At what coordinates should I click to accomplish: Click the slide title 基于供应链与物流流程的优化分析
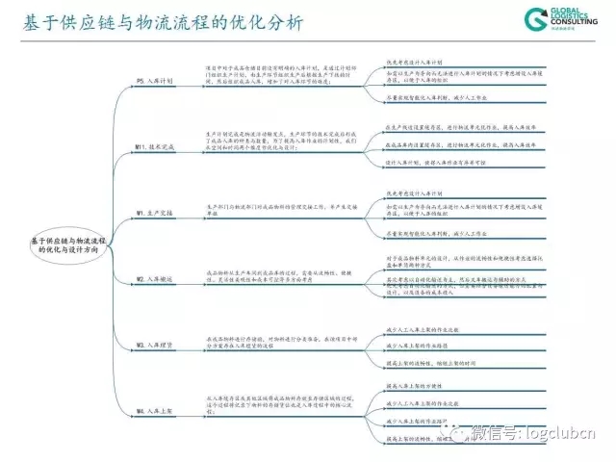[x=154, y=22]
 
